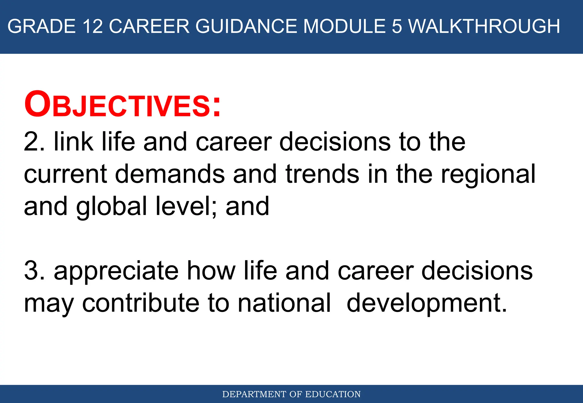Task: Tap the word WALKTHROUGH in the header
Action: tap(484, 26)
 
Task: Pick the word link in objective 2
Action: tap(73, 142)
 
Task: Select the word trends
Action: tap(322, 174)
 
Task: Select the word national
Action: tap(284, 303)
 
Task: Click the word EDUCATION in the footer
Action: tap(333, 394)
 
